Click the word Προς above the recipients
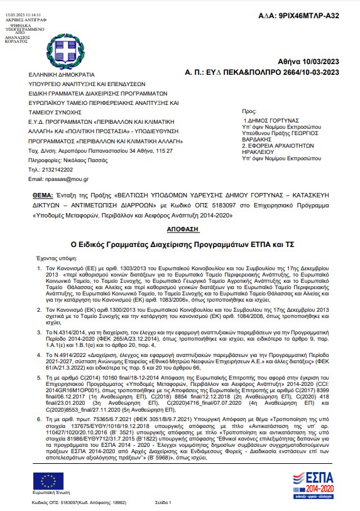point(249,109)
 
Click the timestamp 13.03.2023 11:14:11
point(23,13)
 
